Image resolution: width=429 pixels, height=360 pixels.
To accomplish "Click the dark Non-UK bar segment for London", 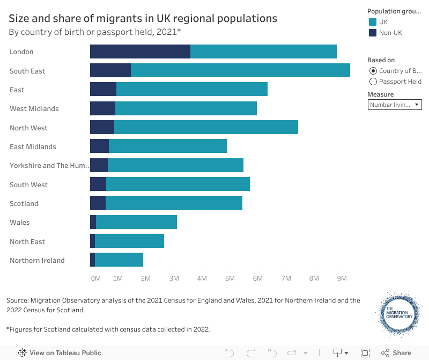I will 140,52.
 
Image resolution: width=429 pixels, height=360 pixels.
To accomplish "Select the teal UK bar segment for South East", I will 240,70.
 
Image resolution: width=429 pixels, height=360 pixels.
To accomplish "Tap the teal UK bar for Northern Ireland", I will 119,260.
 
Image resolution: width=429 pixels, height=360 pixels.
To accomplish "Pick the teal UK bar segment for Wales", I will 136,222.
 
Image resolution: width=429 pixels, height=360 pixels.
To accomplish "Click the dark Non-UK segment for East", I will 103,90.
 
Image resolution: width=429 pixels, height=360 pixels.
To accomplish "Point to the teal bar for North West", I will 206,128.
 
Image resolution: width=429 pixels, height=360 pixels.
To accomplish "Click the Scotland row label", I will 24,204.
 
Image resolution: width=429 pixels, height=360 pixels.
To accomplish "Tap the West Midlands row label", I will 34,109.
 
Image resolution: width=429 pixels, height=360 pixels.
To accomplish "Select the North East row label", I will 27,241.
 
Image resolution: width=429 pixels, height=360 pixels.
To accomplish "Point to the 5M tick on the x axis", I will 230,278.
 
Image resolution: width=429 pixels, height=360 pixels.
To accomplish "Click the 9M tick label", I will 342,278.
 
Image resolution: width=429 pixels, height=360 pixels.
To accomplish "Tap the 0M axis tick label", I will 95,278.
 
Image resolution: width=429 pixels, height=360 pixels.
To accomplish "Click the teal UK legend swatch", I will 373,22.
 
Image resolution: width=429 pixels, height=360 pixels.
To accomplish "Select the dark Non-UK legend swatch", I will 373,33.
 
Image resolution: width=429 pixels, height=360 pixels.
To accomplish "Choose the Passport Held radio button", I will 373,82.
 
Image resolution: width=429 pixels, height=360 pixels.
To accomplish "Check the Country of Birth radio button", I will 373,71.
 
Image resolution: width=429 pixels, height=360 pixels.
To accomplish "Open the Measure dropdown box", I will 395,105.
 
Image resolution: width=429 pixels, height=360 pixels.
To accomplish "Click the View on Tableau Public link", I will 60,353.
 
